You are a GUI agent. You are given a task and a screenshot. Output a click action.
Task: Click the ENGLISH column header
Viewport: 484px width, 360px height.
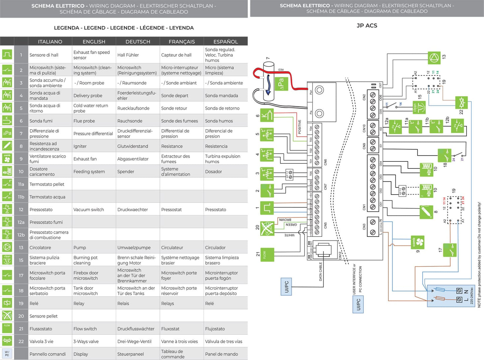94,42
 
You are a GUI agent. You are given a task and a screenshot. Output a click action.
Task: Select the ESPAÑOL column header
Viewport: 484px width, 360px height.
225,42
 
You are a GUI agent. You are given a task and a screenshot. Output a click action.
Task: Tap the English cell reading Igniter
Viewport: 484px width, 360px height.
80,146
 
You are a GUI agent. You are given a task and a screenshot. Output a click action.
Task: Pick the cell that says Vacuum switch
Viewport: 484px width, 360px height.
88,210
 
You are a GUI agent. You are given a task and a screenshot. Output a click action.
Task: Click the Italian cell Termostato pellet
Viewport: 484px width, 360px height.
47,184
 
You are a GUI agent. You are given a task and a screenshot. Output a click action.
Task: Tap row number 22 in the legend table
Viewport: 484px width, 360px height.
21,342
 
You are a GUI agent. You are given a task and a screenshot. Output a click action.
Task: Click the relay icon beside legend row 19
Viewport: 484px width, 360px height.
7,303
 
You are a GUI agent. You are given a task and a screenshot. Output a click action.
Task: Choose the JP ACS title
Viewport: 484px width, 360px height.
367,26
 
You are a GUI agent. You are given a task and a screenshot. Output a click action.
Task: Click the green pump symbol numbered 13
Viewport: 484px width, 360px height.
434,58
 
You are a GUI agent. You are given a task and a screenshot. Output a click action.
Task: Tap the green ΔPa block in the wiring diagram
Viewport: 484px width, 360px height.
280,84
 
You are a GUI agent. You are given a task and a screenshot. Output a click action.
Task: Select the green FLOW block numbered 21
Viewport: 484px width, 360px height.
267,255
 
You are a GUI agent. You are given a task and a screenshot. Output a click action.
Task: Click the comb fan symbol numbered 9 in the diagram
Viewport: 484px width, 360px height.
418,242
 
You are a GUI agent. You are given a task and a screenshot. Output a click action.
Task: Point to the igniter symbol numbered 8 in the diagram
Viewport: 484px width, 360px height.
426,212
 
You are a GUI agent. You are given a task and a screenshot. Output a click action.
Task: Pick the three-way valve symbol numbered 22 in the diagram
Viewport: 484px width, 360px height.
462,102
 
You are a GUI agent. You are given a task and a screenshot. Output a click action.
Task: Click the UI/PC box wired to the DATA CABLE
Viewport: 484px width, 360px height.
286,287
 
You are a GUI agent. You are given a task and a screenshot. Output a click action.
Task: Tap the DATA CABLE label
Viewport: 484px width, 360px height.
321,271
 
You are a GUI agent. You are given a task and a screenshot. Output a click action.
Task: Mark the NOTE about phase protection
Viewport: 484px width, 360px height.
479,255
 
